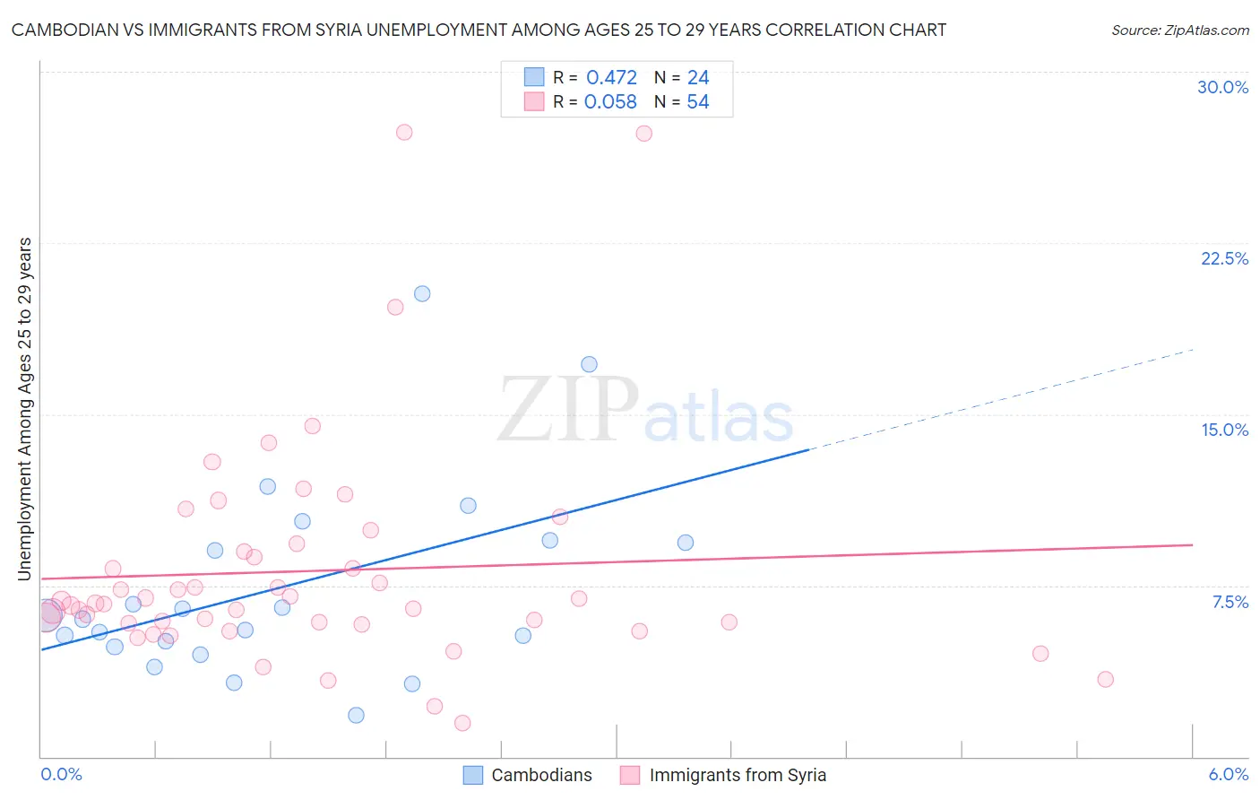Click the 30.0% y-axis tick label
pos(1222,87)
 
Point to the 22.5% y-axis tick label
pos(1224,258)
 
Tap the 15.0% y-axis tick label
pos(1224,430)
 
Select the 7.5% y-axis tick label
pos(1230,602)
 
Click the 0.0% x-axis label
pos(61,774)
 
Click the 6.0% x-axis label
pos(1228,774)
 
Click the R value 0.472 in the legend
pos(611,77)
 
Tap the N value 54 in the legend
pos(697,101)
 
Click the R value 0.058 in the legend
pos(610,101)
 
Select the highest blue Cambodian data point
pos(422,293)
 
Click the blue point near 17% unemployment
pos(589,364)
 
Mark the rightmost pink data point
pos(1105,679)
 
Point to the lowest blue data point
pos(356,715)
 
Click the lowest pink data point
pos(462,723)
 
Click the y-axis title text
pos(24,408)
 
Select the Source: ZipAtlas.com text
pos(1179,30)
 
